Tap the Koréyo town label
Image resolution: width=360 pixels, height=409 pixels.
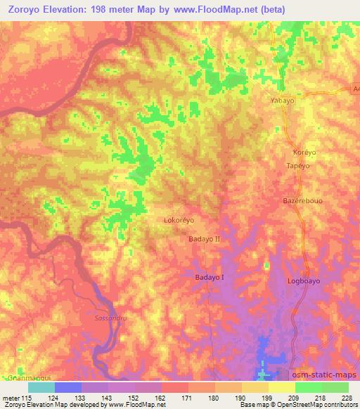[x=302, y=152]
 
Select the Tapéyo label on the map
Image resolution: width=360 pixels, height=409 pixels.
[x=298, y=165]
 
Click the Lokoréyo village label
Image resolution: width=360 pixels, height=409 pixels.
[x=179, y=220]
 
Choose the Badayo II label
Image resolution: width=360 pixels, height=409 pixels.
[x=205, y=240]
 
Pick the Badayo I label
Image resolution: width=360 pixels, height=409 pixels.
[x=209, y=278]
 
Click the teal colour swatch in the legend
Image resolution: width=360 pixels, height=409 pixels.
[x=41, y=387]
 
